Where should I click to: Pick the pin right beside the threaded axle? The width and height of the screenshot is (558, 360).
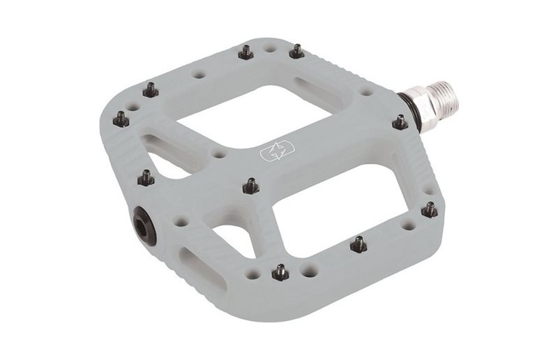pos(400,122)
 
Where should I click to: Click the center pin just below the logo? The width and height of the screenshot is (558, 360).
pos(251,185)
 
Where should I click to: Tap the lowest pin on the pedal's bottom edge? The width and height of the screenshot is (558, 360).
pos(280,271)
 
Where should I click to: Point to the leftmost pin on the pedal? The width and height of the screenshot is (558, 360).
pos(121,119)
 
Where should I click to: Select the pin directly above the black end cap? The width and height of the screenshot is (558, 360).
pos(146,177)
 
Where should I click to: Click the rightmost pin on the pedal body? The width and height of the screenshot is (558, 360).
pos(430,209)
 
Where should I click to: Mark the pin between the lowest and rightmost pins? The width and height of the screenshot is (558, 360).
pos(359,243)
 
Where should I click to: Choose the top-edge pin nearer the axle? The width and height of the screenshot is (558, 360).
pos(296,51)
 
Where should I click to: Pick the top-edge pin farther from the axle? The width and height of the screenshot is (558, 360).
pos(246,52)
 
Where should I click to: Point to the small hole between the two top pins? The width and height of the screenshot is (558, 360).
pos(271,50)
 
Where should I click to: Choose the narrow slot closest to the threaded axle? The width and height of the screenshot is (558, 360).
pos(317,93)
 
